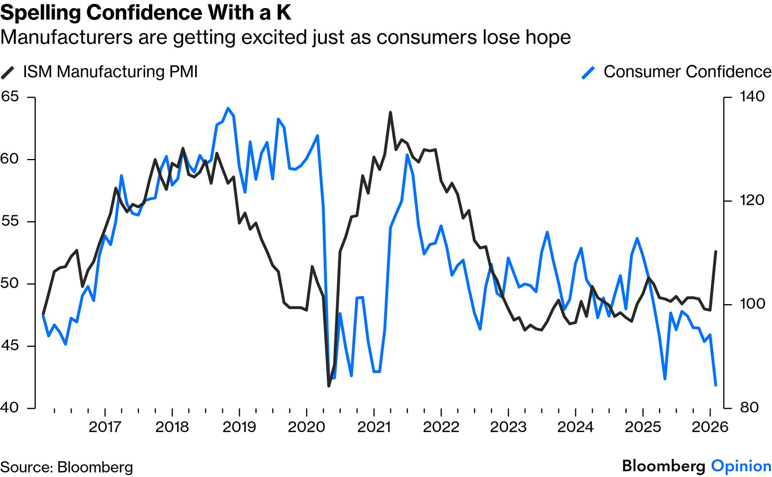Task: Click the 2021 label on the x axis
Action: (373, 427)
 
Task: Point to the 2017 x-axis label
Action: (105, 427)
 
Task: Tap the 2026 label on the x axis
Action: (710, 427)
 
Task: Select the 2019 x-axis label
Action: (239, 427)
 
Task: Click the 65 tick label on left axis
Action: (10, 97)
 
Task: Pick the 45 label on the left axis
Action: (10, 345)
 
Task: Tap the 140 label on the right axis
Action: (752, 97)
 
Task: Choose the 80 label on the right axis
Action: (749, 407)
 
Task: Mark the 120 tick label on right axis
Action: (752, 200)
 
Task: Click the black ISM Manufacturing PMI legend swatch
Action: (8, 72)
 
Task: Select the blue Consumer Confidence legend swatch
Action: (588, 72)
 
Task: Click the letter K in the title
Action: (283, 13)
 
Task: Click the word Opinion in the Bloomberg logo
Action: (741, 466)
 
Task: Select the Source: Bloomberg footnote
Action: (66, 467)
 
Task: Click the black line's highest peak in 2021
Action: (390, 112)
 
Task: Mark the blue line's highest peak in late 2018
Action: (228, 108)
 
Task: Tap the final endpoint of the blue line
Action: (716, 385)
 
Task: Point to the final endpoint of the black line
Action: (716, 251)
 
